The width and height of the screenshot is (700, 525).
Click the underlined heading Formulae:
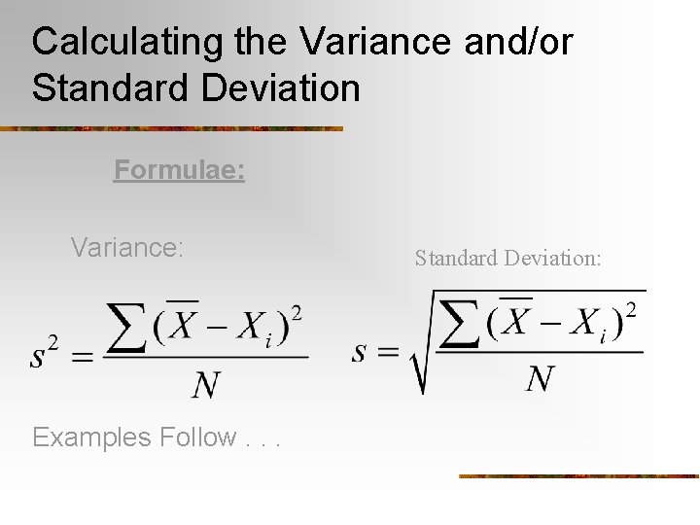pos(179,170)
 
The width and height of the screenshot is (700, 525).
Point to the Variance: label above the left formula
pos(126,248)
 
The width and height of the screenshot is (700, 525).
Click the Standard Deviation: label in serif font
pos(508,258)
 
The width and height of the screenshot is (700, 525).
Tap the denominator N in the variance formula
pos(205,386)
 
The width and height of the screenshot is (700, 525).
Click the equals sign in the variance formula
pos(82,358)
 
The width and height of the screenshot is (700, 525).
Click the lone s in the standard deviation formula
pos(359,351)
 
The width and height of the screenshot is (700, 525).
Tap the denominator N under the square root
pos(540,378)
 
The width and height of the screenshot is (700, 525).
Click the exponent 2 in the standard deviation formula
pos(631,309)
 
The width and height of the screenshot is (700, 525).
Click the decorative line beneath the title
pos(171,128)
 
